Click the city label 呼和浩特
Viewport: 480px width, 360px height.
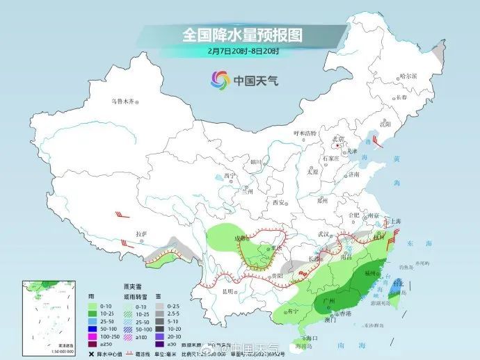coord(305,133)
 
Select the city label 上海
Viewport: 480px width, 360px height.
coord(395,220)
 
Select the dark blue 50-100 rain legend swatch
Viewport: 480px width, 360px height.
coord(93,326)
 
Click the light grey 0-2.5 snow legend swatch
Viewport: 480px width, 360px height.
coord(159,306)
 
